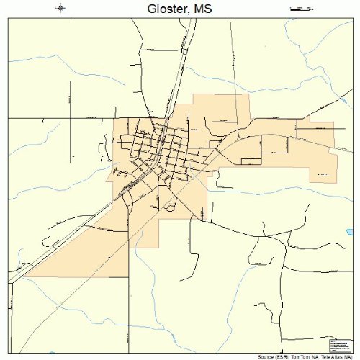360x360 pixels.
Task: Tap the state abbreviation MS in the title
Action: [x=202, y=8]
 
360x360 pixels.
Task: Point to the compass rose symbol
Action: [x=60, y=8]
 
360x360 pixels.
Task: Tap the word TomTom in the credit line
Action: [x=302, y=356]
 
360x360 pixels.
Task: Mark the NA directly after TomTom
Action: [x=315, y=356]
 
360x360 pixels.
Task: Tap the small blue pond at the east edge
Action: [x=350, y=232]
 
